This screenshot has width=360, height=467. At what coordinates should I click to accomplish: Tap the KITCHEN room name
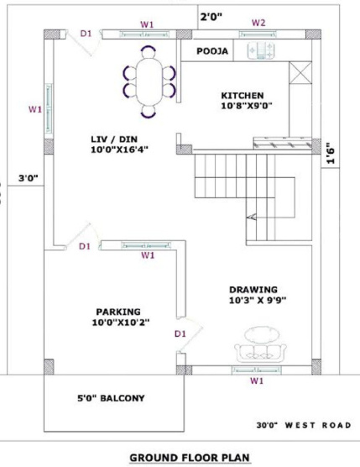(x=243, y=95)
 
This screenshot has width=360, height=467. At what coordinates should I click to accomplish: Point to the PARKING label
(x=117, y=310)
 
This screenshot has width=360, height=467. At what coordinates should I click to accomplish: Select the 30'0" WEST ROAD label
(x=303, y=426)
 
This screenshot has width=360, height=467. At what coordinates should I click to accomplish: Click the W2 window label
(x=258, y=22)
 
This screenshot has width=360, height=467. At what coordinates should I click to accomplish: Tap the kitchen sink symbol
(x=259, y=51)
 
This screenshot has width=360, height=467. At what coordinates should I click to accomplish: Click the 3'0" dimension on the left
(x=28, y=178)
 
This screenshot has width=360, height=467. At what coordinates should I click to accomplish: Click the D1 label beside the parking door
(x=180, y=333)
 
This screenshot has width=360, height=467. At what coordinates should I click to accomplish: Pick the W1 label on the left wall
(x=34, y=109)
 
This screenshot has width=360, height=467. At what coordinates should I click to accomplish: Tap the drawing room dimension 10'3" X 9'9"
(x=257, y=300)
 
